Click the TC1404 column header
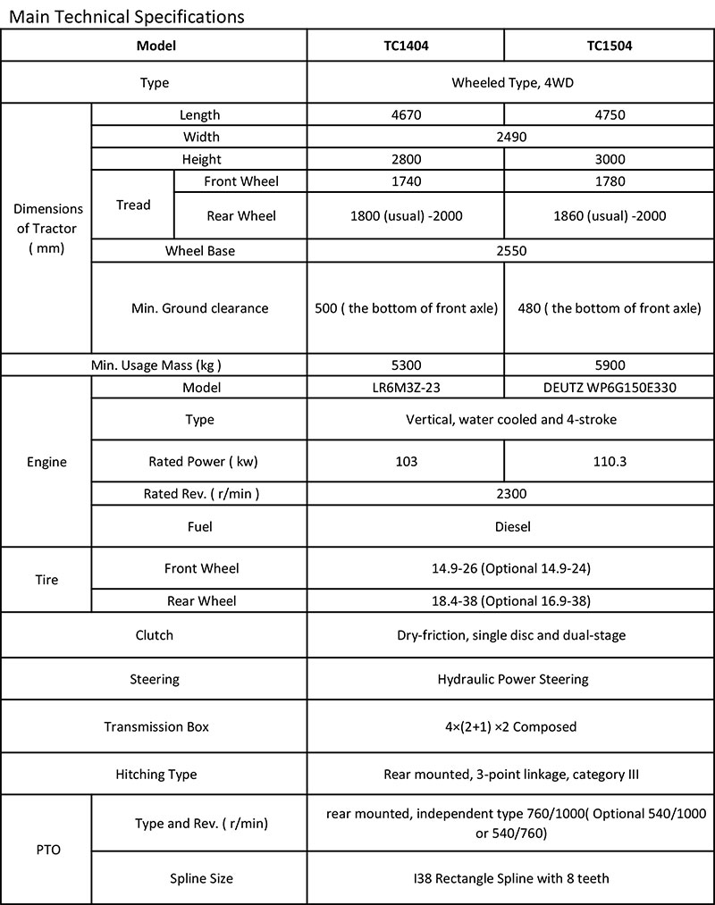(406, 46)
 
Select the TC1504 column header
(609, 46)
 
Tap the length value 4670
(406, 115)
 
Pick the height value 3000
(609, 160)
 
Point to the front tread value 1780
(609, 181)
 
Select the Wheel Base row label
(199, 251)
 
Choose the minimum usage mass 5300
(406, 365)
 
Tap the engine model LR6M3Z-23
(406, 388)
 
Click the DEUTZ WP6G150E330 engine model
(609, 388)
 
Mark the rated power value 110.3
(609, 462)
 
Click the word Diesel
(512, 526)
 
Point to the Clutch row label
(154, 635)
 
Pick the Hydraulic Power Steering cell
(512, 679)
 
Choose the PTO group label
(46, 851)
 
